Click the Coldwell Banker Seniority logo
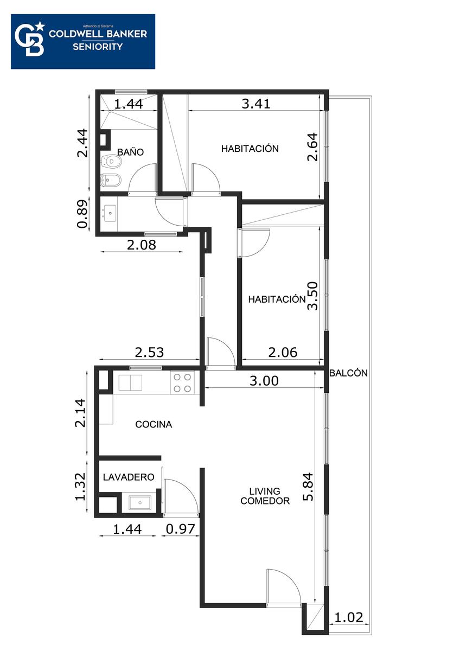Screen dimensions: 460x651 coord(83,42)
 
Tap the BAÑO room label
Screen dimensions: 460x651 coord(131,152)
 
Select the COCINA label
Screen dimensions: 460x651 coord(154,424)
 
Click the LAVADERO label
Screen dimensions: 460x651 coord(129,477)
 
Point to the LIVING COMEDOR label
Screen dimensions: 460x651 coord(265,496)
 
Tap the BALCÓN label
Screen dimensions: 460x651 coord(348,373)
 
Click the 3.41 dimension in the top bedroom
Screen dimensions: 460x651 coord(256,104)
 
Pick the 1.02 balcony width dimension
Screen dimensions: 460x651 coord(349,617)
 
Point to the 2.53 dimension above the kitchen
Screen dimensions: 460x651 coord(149,353)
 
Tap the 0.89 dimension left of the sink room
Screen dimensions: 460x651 coord(82,214)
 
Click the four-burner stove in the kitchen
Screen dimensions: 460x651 coord(182,383)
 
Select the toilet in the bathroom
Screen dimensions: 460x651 coord(112,161)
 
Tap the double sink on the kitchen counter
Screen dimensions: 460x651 coord(130,383)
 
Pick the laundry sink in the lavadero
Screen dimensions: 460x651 coord(140,502)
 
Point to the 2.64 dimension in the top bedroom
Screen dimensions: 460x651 coord(312,147)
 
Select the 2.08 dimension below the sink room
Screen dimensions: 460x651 coord(142,245)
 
